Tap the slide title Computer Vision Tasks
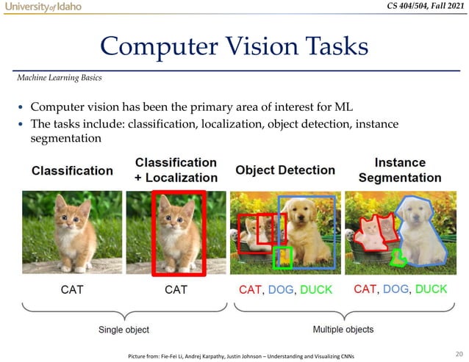coord(234,46)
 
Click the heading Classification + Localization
coord(176,170)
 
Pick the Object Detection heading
coord(285,170)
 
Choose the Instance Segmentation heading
coord(400,170)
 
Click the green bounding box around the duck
coord(282,257)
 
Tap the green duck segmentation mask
coord(398,257)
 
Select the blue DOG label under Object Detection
coord(282,290)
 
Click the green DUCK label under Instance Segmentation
coord(425,289)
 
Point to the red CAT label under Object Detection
coord(250,290)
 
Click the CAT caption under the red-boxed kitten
coord(176,290)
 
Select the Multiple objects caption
coord(343,330)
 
